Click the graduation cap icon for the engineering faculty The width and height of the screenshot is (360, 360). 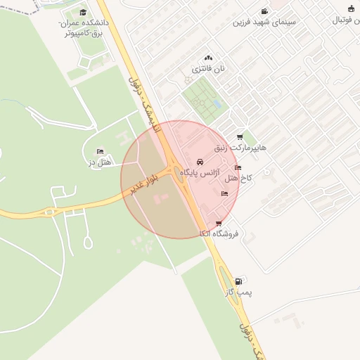[83, 13]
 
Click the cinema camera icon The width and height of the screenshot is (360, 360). [264, 11]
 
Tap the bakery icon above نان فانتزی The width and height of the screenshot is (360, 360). [207, 58]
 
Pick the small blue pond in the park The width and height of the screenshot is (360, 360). [217, 105]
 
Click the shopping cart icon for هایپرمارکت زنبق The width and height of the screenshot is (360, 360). [240, 137]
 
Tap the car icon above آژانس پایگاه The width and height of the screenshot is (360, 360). [200, 162]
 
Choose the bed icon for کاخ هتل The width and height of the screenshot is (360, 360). [238, 168]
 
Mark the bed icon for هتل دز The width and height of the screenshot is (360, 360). [99, 152]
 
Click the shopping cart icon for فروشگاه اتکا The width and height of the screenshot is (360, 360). [219, 224]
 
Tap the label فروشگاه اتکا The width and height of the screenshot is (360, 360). [219, 233]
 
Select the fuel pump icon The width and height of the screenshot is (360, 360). [238, 281]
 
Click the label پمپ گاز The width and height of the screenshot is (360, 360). [239, 291]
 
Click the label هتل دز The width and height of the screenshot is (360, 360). [101, 162]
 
